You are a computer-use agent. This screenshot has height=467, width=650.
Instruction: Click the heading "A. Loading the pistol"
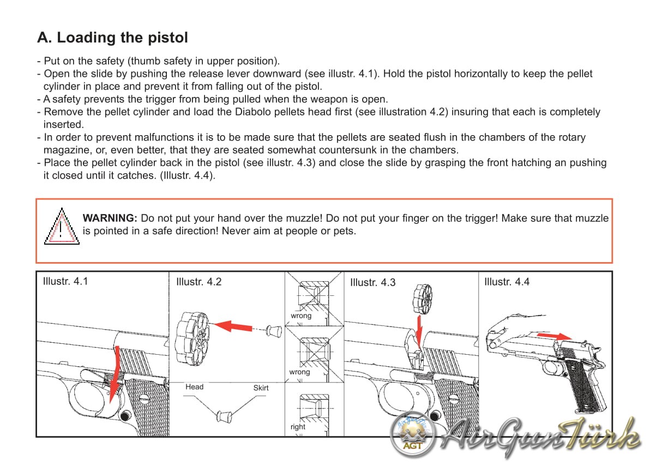[112, 38]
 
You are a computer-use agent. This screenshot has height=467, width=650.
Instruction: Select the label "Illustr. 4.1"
[65, 282]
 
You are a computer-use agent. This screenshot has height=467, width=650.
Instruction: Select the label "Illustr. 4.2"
[199, 282]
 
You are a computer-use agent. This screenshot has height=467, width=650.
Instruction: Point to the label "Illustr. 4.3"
[372, 283]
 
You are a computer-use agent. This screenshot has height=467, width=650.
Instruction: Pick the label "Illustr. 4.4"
[507, 282]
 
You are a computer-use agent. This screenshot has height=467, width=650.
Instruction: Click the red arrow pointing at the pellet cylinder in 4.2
[232, 326]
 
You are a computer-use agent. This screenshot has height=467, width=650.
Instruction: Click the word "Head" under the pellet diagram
[195, 387]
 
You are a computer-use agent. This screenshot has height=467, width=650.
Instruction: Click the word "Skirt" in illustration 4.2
[261, 387]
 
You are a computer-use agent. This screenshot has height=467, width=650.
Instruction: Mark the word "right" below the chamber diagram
[298, 427]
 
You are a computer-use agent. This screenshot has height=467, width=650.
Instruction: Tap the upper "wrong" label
[301, 316]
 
